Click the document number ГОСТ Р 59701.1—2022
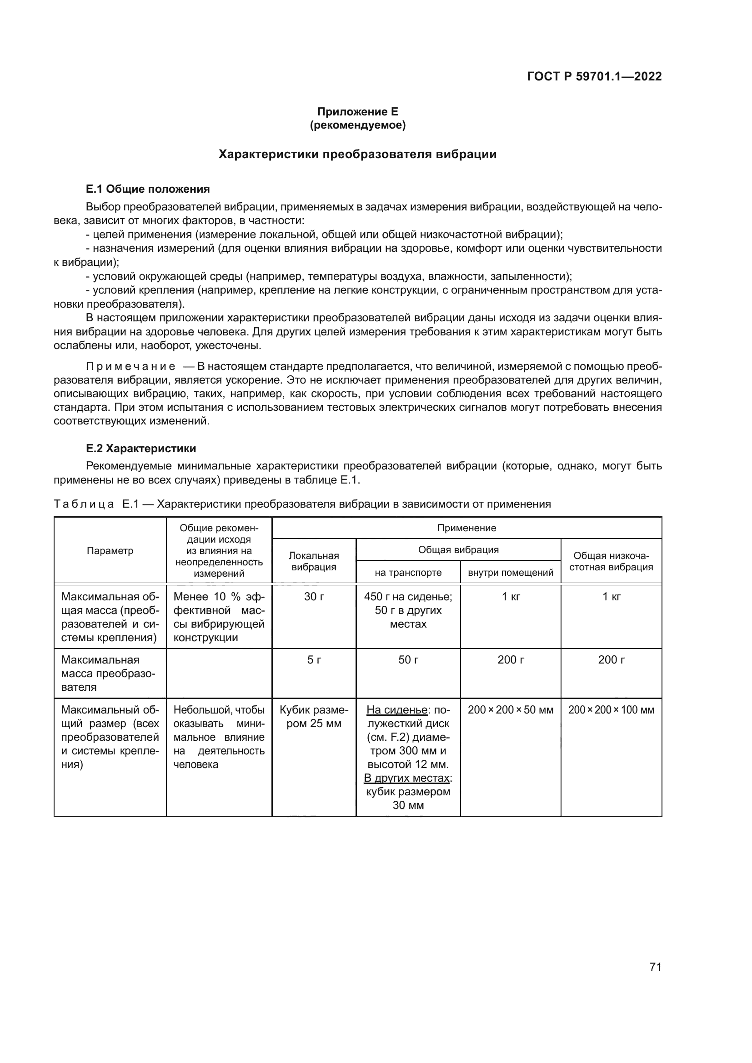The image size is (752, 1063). click(x=594, y=76)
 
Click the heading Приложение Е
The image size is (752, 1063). click(x=357, y=112)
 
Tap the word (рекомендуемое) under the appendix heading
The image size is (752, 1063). click(x=357, y=125)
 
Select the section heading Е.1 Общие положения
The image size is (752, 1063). click(x=148, y=189)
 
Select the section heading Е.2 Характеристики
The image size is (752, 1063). click(x=141, y=448)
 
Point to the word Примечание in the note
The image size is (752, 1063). click(x=130, y=367)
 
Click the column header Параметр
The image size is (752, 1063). click(x=110, y=550)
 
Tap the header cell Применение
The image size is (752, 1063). click(x=466, y=528)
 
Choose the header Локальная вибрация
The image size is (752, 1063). click(x=314, y=561)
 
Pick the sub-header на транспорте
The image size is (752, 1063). click(x=408, y=573)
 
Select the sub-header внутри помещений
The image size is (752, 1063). click(x=510, y=573)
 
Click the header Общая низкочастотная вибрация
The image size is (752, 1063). click(x=611, y=561)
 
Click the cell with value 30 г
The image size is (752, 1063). click(x=314, y=597)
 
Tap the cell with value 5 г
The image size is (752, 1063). click(x=314, y=660)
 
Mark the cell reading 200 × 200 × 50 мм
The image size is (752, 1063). click(x=510, y=710)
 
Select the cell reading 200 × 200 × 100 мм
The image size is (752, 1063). click(x=611, y=710)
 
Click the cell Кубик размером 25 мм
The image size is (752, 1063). click(x=314, y=716)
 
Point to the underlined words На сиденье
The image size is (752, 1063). click(x=397, y=710)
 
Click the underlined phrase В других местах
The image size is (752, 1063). click(x=406, y=778)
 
